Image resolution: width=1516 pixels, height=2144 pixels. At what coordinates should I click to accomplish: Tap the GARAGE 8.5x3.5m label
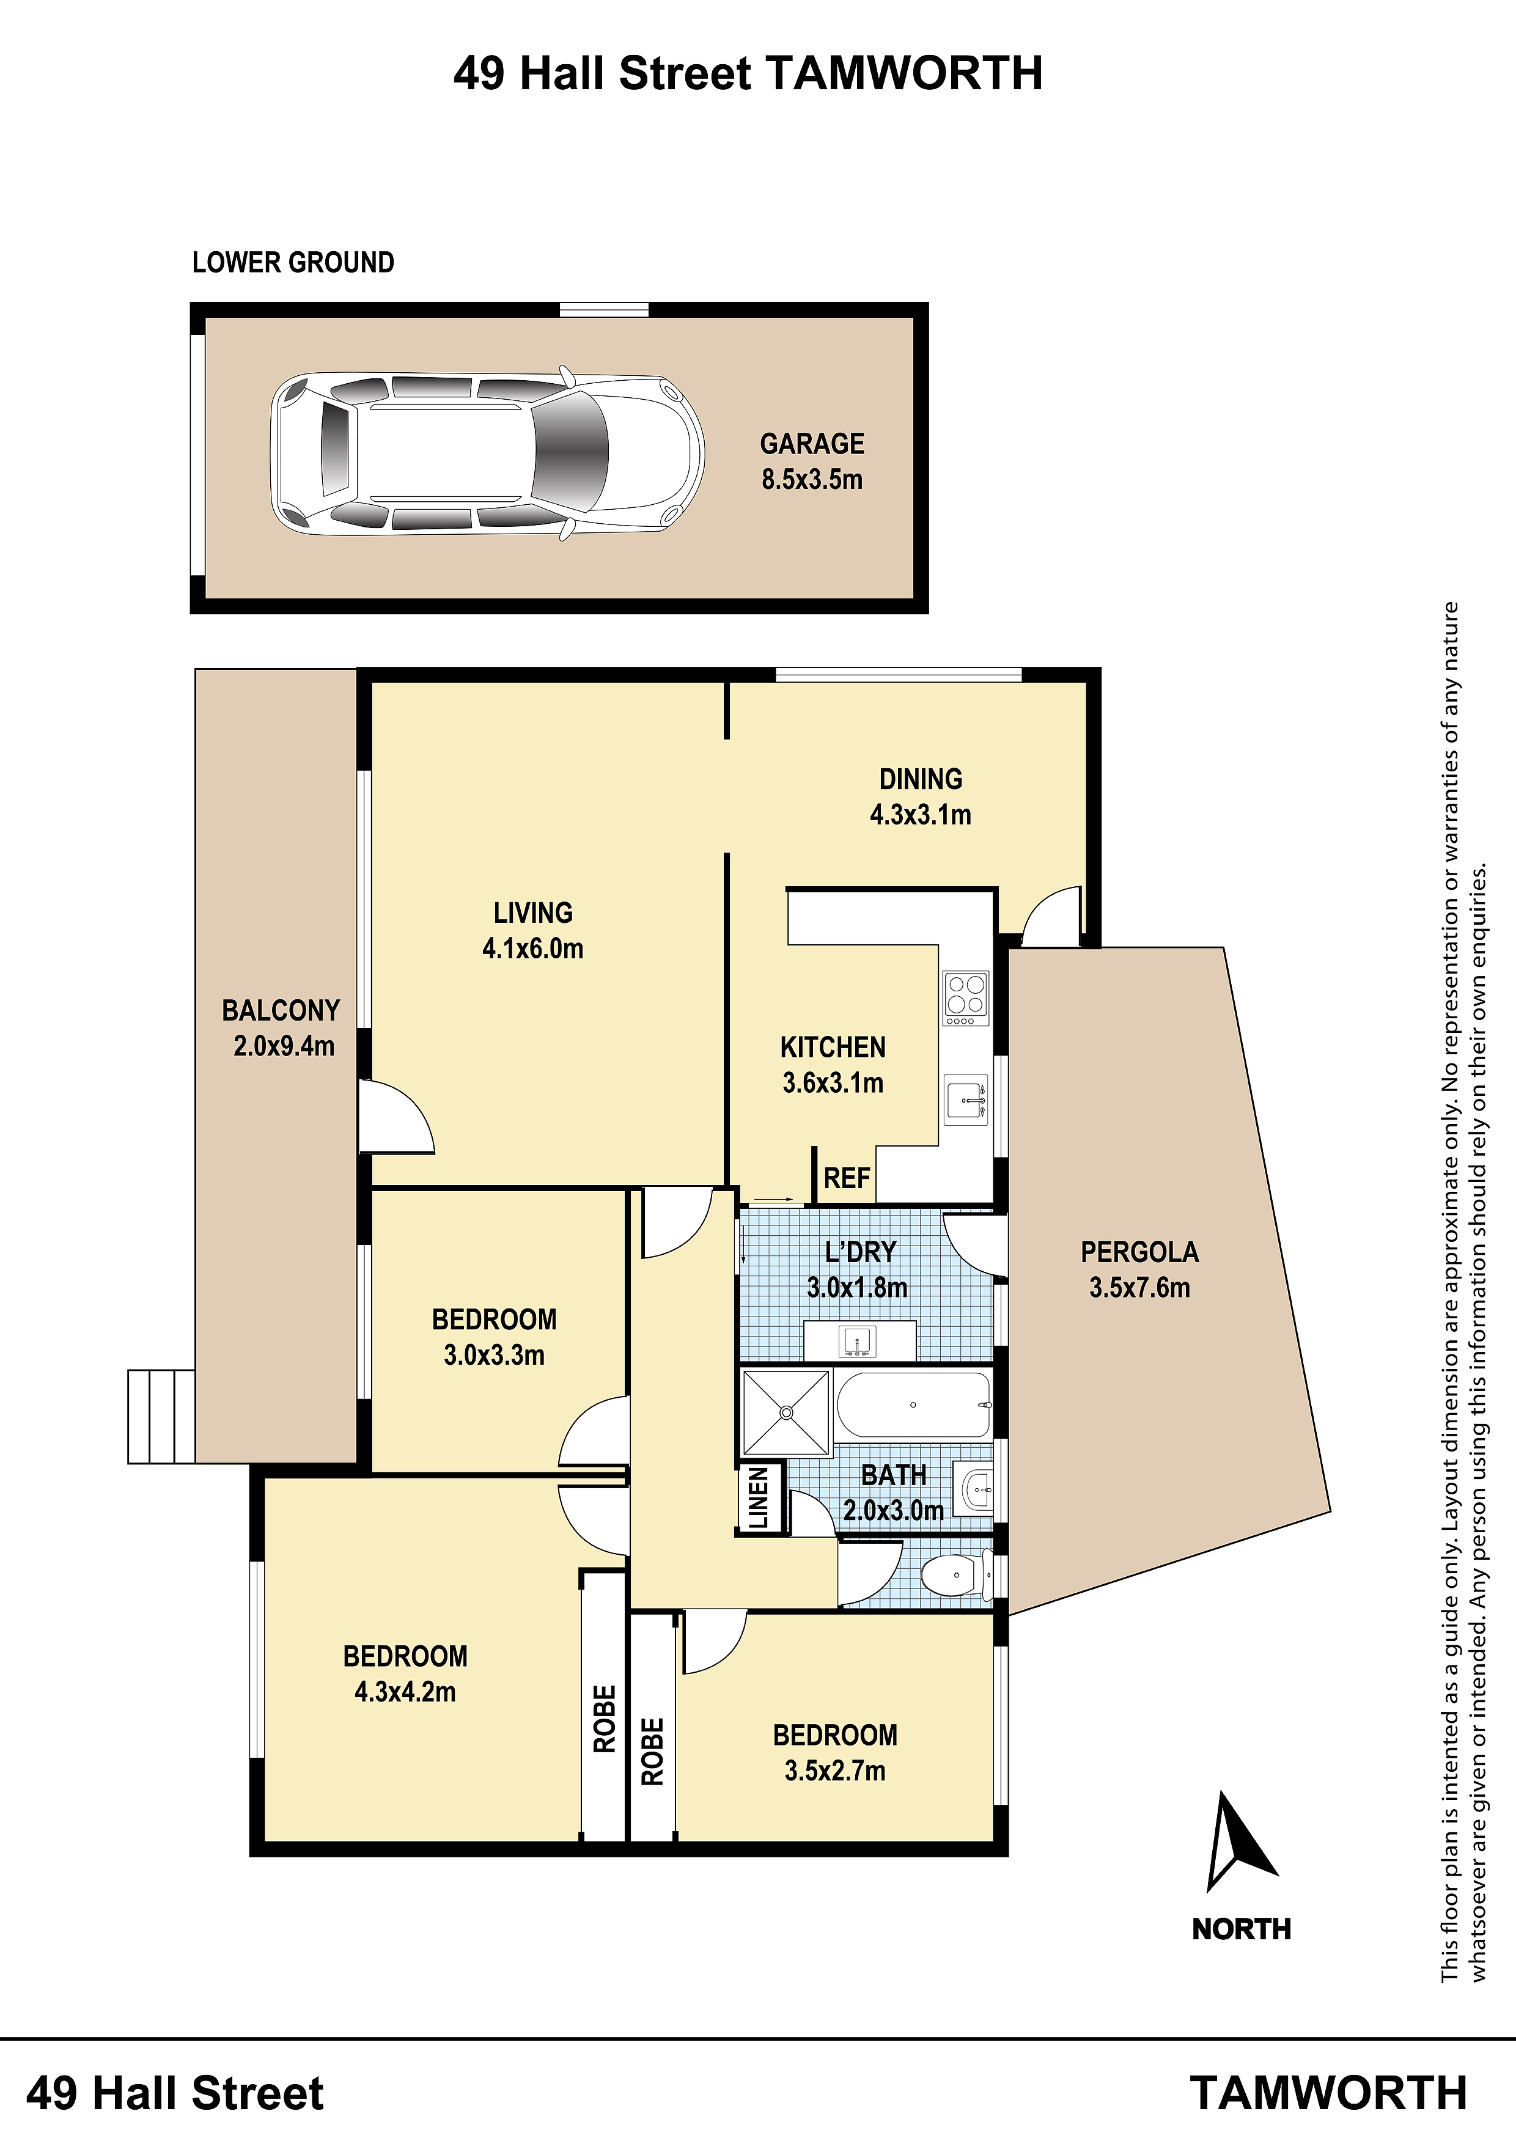pos(812,461)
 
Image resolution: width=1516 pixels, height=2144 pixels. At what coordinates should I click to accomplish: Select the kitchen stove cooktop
pos(966,998)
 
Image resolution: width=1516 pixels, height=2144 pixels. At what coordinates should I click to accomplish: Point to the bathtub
pos(913,1404)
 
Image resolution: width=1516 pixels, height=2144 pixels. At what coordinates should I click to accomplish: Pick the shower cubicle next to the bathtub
pos(785,1412)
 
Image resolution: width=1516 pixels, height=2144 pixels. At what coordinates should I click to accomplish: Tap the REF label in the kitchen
pos(846,1178)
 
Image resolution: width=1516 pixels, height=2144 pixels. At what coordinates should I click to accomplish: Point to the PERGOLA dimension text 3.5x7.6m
pos(1139,1288)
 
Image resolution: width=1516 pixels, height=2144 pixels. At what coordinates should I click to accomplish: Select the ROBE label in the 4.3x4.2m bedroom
pos(605,1718)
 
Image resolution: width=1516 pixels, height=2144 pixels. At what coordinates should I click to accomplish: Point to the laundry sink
pos(859,1342)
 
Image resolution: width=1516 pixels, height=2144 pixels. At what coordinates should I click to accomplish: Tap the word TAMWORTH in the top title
pos(904,74)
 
